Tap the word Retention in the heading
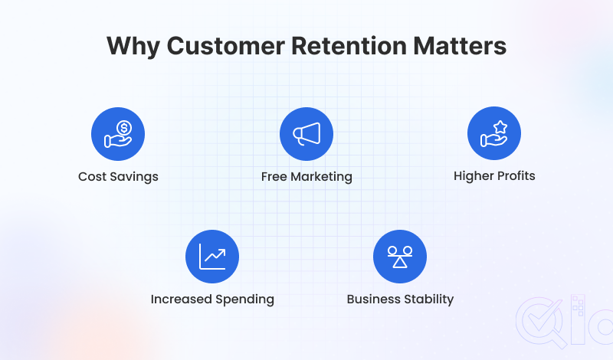coord(341,45)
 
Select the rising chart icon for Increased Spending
coord(212,256)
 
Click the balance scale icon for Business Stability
coord(400,256)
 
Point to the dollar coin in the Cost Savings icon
coord(123,127)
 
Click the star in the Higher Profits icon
coord(500,126)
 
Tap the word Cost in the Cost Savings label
coord(91,176)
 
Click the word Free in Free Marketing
coord(274,176)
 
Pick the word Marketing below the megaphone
coord(321,177)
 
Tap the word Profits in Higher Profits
coord(515,175)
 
